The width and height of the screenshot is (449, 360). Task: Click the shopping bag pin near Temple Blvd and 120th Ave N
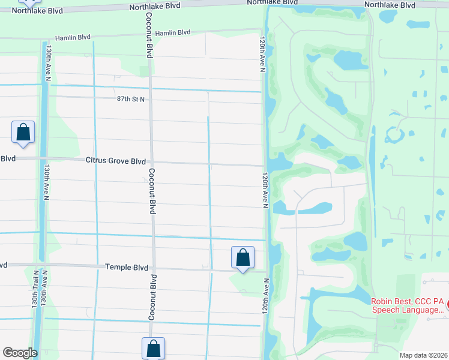(243, 258)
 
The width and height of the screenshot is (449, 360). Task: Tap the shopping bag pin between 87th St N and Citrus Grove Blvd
(23, 132)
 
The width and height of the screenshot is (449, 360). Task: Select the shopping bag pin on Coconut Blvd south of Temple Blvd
(153, 348)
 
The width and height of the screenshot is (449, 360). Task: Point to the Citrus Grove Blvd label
(116, 161)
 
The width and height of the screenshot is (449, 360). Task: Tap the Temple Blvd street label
(127, 266)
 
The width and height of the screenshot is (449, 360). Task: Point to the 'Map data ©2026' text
(423, 355)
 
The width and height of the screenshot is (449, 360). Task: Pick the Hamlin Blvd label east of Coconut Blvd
(172, 33)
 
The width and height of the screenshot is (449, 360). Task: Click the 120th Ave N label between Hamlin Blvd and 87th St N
(263, 55)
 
